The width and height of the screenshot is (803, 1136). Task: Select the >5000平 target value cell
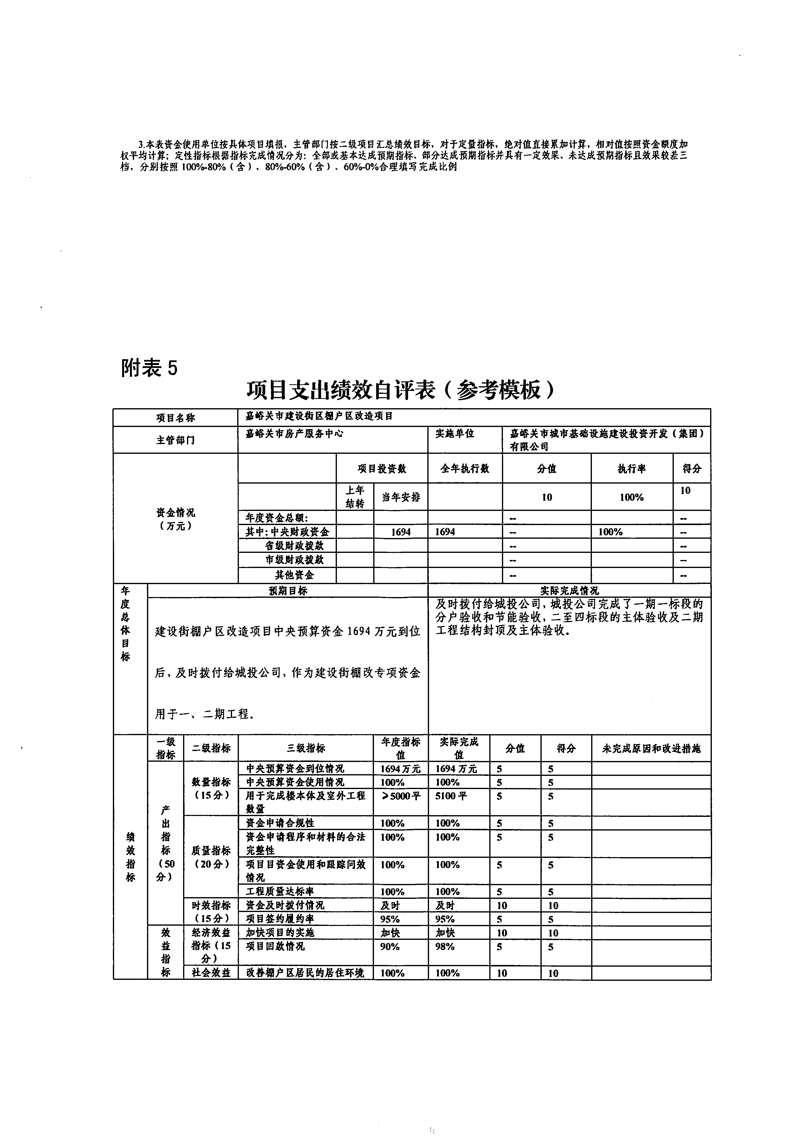point(401,796)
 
